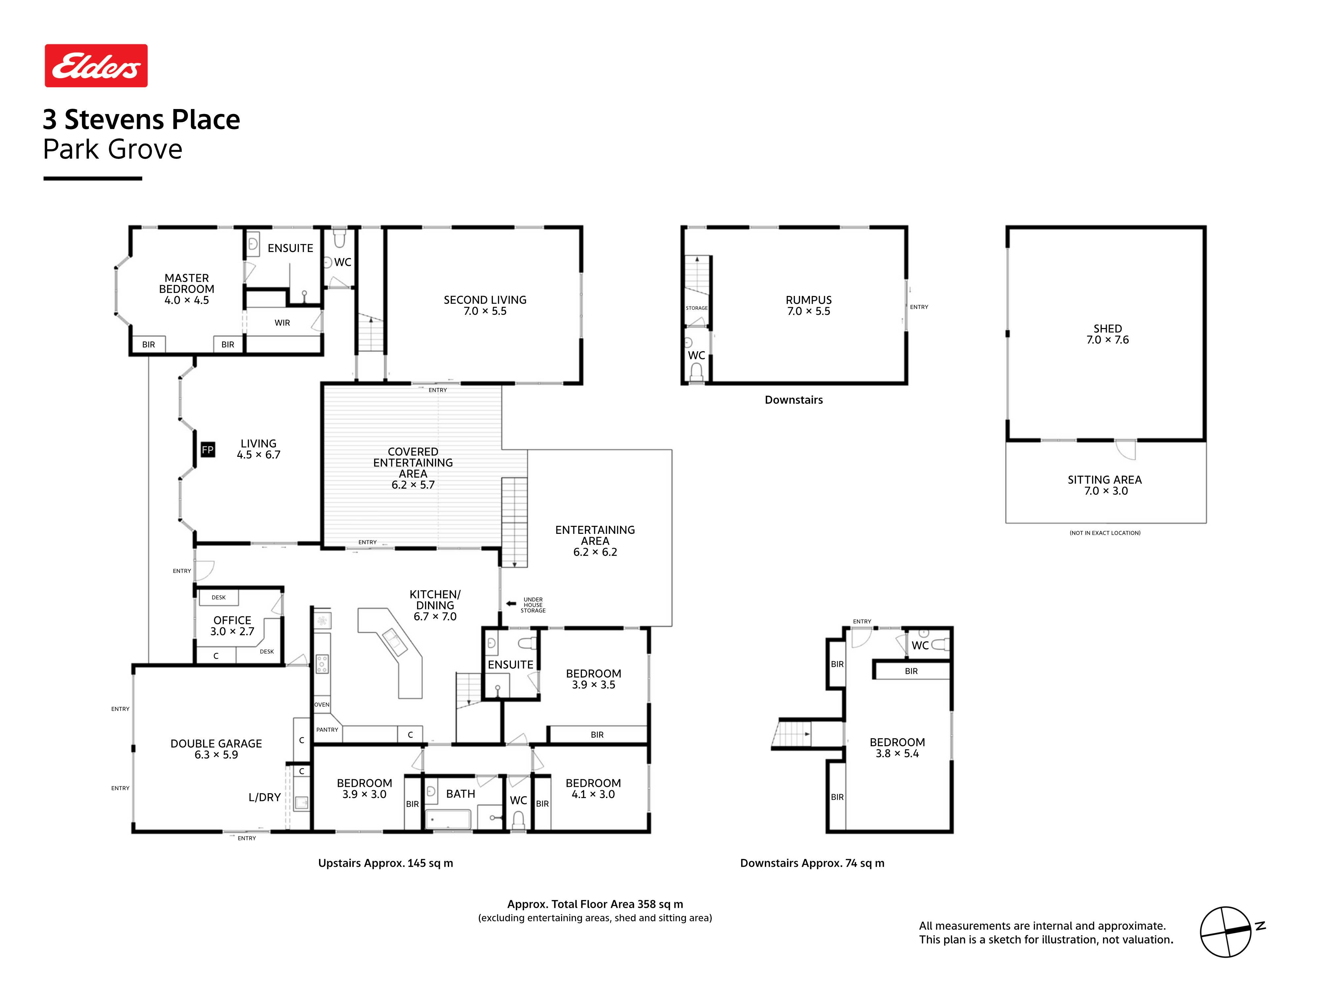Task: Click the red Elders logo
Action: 96,66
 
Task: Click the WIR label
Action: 282,322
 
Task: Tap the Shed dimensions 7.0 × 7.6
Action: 1107,340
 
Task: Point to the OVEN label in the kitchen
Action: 322,705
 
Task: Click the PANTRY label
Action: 327,729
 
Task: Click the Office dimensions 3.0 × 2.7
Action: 232,631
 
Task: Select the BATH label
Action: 460,794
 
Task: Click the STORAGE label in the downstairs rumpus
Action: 696,308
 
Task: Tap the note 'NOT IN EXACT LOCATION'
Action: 1105,533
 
